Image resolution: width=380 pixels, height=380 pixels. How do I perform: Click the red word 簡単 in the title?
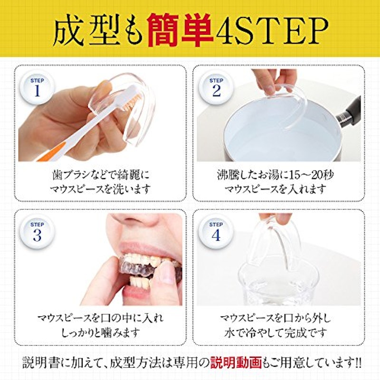point(180,31)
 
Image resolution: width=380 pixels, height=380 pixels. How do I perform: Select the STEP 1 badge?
point(37,88)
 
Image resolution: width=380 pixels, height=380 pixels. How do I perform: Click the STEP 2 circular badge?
point(216,88)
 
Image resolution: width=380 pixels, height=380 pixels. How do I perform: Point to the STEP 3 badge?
point(37,232)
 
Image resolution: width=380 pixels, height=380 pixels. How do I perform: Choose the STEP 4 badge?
point(216,232)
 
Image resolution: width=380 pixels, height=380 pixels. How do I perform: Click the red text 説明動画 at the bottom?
point(236,363)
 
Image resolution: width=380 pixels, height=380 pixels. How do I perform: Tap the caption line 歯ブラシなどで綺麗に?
point(101,175)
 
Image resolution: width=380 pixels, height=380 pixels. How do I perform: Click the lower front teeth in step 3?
point(138,282)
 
